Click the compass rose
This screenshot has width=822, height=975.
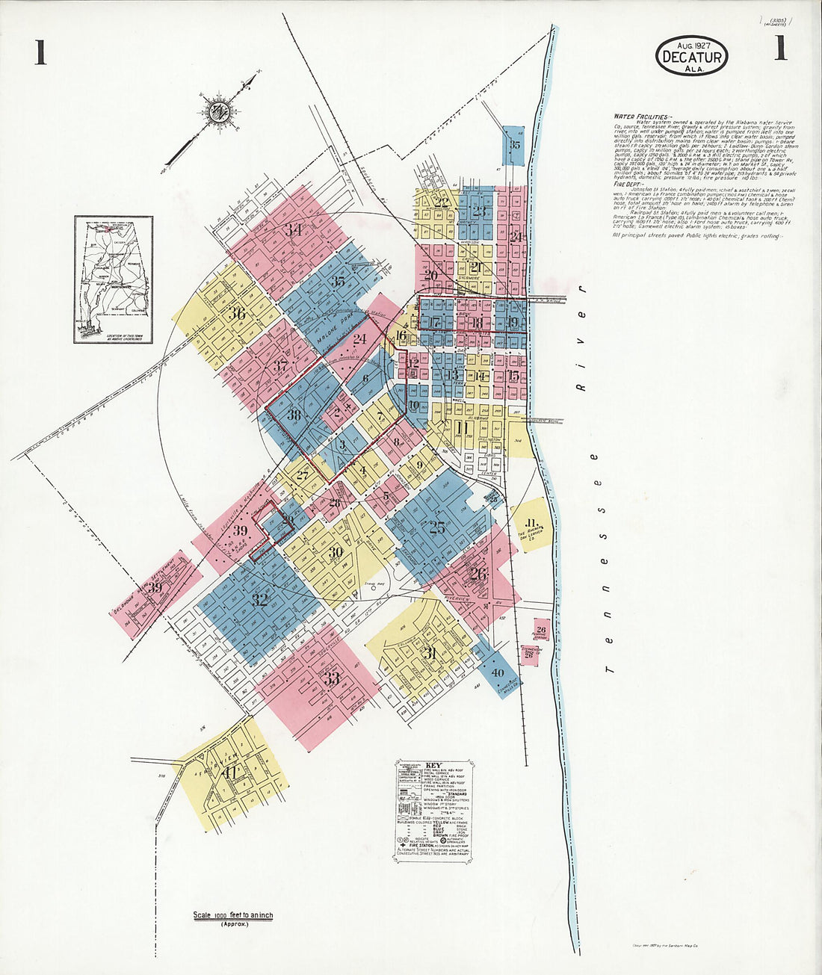pos(218,112)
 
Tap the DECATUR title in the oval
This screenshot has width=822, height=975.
pos(691,58)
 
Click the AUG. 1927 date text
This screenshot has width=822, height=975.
pos(690,45)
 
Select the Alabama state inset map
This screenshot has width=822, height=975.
pos(114,278)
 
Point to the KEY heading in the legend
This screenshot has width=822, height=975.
pos(434,766)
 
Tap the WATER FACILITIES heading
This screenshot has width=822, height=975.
pos(642,117)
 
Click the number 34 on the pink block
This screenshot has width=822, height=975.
pos(294,230)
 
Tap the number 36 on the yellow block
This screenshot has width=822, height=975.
pos(238,313)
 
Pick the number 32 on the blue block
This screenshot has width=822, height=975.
pos(259,599)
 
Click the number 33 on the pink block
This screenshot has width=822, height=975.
pos(331,678)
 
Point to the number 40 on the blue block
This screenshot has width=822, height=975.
pos(498,672)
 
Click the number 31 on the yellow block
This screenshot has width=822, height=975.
pos(430,652)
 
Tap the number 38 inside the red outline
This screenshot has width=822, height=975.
pos(294,415)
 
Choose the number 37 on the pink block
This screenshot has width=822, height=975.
pos(280,366)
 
